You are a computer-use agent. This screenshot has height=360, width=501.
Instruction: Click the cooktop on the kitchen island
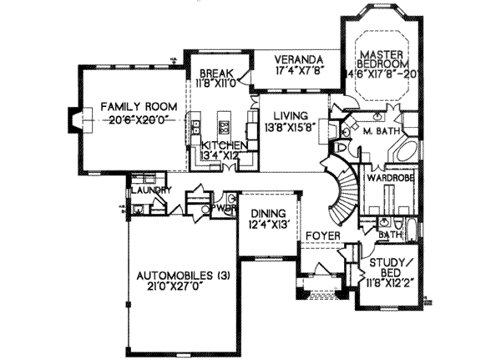point(224,128)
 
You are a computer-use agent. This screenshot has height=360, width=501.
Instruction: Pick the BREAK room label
point(213,72)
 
